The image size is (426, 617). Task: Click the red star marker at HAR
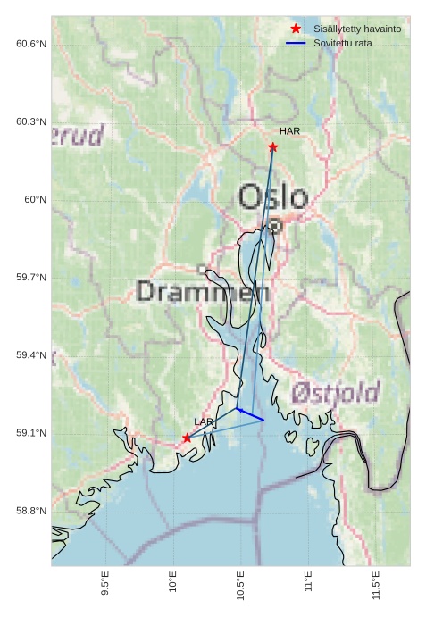273,146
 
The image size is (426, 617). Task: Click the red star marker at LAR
187,438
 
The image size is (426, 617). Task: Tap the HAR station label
289,131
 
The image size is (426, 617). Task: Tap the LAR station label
204,421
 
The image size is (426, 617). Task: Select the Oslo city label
273,197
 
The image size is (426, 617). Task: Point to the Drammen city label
204,291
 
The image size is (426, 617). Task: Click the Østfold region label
335,392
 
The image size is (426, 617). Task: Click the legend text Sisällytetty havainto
356,29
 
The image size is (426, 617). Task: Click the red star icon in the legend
296,29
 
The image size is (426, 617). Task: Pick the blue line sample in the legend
296,43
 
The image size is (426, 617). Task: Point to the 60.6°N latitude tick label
31,44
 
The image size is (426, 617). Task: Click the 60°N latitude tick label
35,199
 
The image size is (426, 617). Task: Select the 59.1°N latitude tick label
31,433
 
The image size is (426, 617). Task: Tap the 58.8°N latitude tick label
31,511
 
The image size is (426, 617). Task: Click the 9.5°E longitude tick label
105,586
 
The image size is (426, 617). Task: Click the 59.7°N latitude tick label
31,278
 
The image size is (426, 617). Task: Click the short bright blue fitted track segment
250,414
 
